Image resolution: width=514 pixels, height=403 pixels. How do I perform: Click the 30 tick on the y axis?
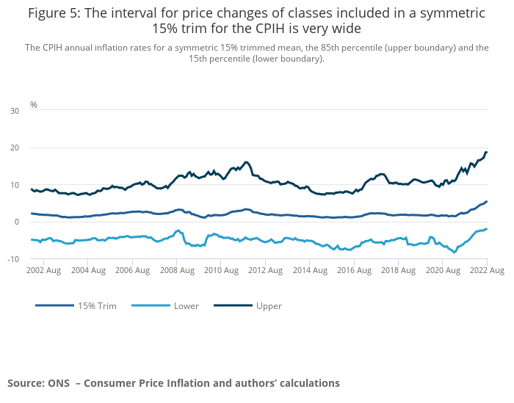tap(15, 111)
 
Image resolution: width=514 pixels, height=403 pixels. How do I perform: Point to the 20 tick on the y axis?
tap(15, 148)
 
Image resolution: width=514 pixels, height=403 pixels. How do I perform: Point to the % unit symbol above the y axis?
tap(33, 105)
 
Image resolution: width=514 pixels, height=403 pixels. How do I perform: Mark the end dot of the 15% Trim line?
tap(486, 202)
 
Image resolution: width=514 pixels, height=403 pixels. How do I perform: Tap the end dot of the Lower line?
tap(486, 229)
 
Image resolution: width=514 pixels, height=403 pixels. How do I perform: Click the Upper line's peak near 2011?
tap(246, 162)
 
